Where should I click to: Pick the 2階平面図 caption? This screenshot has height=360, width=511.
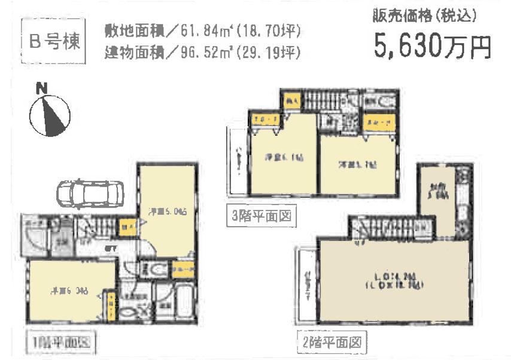[331, 343]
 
